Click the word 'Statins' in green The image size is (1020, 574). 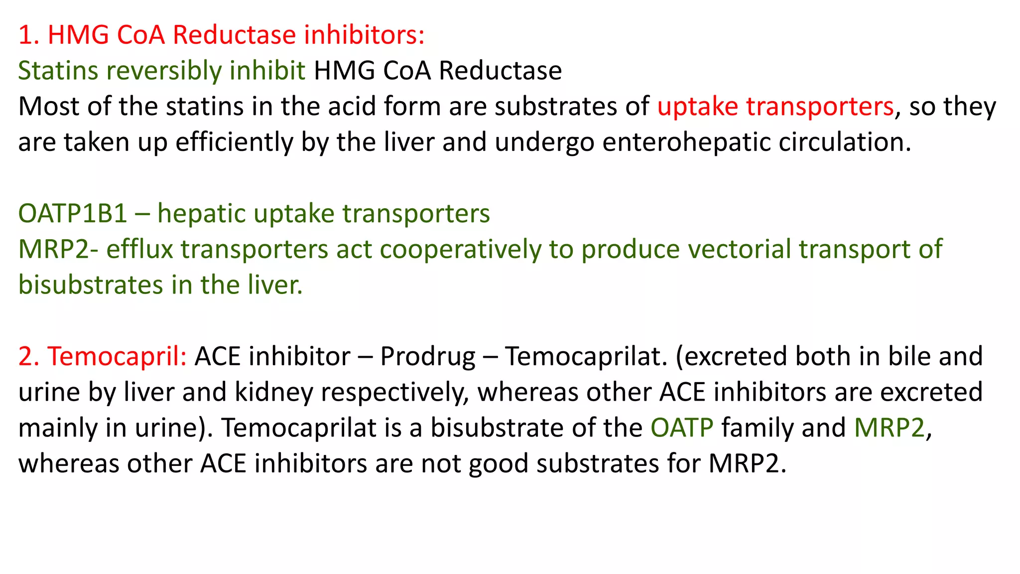click(58, 70)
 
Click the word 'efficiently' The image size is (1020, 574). click(234, 142)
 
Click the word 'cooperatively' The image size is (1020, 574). click(460, 249)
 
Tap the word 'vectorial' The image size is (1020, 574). click(739, 249)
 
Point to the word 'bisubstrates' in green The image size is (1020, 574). click(91, 285)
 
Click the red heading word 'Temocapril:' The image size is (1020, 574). click(117, 356)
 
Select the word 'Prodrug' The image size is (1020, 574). click(428, 357)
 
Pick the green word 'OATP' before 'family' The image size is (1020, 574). click(682, 428)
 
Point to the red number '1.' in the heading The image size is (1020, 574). click(28, 35)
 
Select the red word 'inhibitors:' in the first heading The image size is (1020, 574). click(365, 35)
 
